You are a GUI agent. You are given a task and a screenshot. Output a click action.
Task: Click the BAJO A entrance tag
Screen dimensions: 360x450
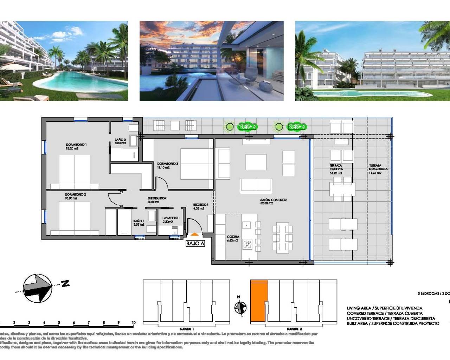tap(195, 243)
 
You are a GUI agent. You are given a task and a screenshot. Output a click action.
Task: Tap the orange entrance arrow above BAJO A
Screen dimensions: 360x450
tap(195, 234)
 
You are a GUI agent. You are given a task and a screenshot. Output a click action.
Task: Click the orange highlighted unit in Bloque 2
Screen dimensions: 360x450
tap(259, 301)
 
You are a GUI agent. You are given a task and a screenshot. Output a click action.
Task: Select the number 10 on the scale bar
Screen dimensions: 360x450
tap(134, 322)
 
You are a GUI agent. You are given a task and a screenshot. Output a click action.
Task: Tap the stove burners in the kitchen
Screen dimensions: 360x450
tap(247, 244)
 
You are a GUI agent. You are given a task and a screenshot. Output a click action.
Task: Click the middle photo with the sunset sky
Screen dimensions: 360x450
tap(212, 61)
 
